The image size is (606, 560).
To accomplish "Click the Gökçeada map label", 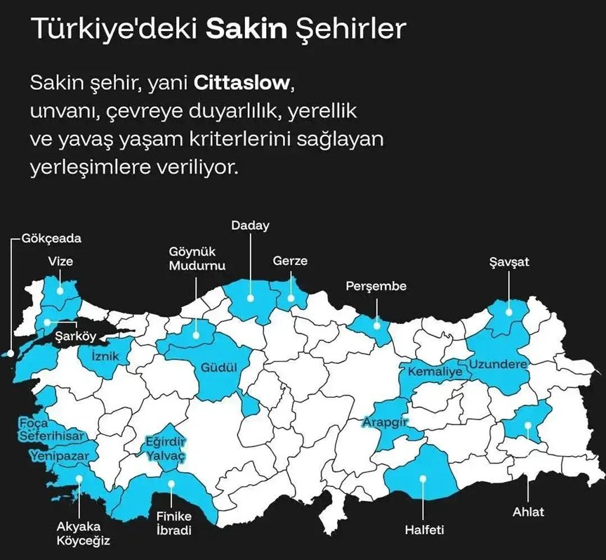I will (x=51, y=238).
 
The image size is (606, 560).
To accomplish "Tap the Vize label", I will (x=60, y=261).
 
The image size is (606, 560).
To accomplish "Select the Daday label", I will (x=251, y=226).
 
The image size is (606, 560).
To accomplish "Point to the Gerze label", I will (x=290, y=261).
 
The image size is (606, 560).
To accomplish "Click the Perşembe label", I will (x=376, y=286).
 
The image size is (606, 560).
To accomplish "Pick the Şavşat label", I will (x=509, y=263).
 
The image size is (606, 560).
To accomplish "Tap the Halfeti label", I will (x=423, y=529).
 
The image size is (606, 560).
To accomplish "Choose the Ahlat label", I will (x=528, y=512).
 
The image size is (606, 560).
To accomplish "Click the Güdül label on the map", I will (x=217, y=367).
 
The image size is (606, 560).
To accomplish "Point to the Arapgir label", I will (x=386, y=422).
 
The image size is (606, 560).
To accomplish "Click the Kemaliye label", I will (x=435, y=370).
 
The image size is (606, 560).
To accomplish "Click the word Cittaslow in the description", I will (x=241, y=83).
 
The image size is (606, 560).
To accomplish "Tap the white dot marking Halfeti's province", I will (x=423, y=479).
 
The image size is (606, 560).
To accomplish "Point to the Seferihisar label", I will (x=51, y=436).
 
